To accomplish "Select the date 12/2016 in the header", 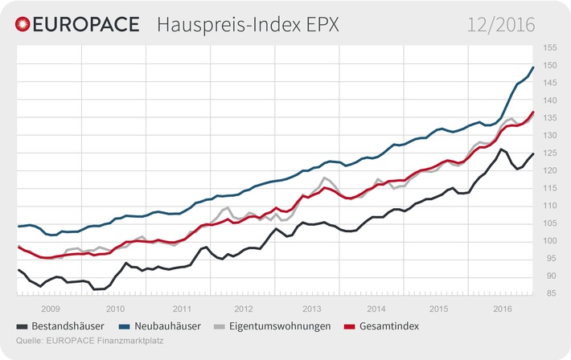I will tap(502, 25).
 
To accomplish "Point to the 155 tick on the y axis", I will tap(550, 47).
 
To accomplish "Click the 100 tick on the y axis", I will tap(550, 241).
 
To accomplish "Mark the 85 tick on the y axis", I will tap(550, 293).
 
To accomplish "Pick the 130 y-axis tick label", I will tap(550, 136).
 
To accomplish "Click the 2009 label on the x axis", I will tap(50, 309).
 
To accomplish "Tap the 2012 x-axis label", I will tap(244, 309).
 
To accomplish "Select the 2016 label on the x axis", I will tap(503, 309).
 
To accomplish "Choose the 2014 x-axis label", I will tap(374, 309).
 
